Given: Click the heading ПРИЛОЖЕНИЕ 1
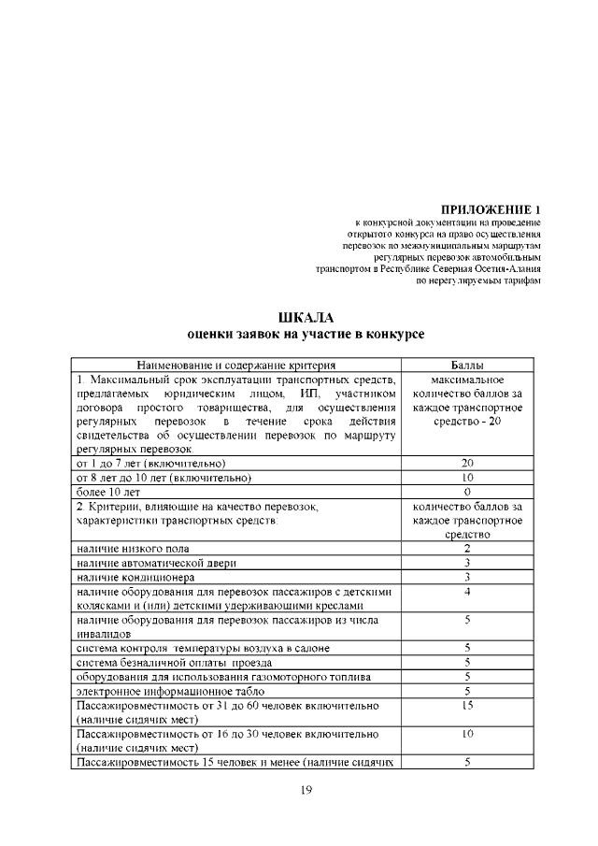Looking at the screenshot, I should coord(490,208).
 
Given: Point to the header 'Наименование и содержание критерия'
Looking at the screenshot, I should coord(235,365).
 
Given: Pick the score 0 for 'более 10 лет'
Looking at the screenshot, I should coord(465,491).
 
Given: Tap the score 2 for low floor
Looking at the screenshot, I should coord(465,548).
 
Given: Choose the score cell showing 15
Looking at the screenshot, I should coord(465,704).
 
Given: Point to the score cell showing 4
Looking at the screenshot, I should coord(465,592).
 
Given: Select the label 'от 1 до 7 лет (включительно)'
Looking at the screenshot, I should coord(151,463).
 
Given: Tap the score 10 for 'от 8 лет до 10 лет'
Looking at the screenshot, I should coord(465,477).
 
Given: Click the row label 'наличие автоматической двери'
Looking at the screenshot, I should coord(156,563).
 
